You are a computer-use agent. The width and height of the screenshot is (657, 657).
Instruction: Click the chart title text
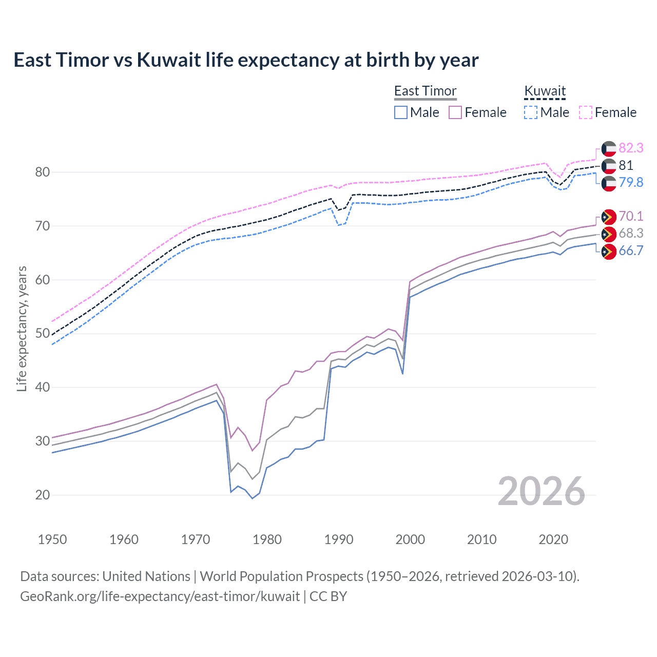(x=246, y=60)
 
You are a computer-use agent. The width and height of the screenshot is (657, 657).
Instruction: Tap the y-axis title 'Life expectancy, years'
(x=22, y=328)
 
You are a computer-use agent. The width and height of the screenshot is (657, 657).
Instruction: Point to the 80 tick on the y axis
(x=43, y=172)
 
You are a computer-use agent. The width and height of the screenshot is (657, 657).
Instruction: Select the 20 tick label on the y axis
(x=43, y=495)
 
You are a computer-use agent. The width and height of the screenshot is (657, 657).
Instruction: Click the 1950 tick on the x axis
(x=52, y=539)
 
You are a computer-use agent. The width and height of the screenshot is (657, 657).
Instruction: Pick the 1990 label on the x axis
(x=339, y=539)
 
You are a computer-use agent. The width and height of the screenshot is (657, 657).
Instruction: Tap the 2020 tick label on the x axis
(x=553, y=539)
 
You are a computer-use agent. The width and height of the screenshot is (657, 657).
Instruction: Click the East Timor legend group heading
(x=425, y=91)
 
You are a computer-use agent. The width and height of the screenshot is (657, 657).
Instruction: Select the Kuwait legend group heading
(x=545, y=91)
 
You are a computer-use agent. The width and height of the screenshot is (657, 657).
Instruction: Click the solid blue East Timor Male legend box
(x=401, y=112)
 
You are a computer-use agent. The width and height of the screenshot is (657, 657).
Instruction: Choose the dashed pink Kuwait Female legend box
(x=586, y=112)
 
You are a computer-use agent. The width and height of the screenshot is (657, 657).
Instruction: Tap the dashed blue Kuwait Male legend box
(x=531, y=112)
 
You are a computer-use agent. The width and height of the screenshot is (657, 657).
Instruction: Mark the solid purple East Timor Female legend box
(x=455, y=112)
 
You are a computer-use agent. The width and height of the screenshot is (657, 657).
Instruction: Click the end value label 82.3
(x=631, y=148)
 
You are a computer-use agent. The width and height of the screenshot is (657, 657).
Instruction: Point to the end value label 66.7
(x=631, y=250)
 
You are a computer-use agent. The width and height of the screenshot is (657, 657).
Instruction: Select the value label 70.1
(x=631, y=216)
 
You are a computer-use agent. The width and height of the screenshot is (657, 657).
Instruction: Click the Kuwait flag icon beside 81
(x=609, y=166)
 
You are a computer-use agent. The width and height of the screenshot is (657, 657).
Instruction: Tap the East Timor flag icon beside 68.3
(x=609, y=234)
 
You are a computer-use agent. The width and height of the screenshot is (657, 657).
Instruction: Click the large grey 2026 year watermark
(x=542, y=491)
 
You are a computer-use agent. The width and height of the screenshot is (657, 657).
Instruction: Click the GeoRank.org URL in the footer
(x=160, y=596)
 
